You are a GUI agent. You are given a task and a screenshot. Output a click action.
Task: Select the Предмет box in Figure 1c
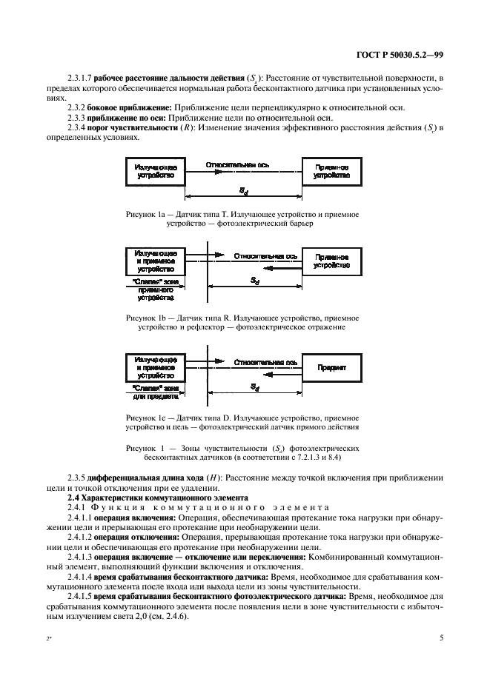click(x=331, y=366)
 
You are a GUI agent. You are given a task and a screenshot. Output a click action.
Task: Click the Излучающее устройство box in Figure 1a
click(x=155, y=172)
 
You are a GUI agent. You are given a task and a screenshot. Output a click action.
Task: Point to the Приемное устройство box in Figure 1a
click(x=331, y=172)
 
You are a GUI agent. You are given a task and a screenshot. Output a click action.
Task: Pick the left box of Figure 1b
click(x=155, y=260)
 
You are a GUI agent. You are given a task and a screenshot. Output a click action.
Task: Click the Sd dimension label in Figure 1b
click(x=254, y=281)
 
